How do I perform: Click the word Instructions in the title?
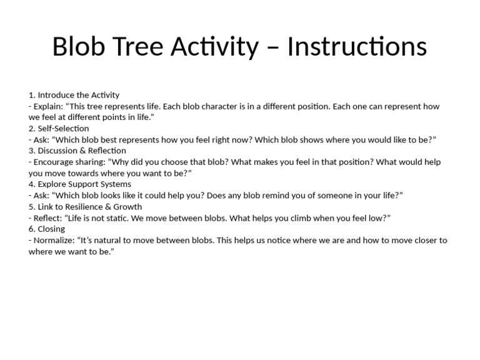click(357, 46)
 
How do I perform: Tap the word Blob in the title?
click(79, 46)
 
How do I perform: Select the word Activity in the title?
click(214, 47)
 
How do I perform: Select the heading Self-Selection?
click(63, 128)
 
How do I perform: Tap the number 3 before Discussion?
click(31, 151)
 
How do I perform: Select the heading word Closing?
click(51, 229)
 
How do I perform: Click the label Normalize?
click(54, 240)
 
